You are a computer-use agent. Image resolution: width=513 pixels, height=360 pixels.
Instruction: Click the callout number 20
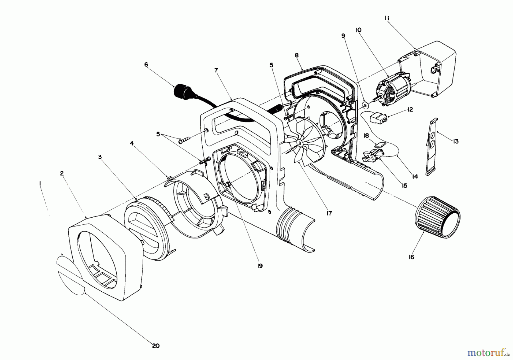(156, 346)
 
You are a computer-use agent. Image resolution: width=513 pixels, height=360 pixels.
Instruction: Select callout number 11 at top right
(387, 18)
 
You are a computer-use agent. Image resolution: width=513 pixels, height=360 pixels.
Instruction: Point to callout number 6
(146, 65)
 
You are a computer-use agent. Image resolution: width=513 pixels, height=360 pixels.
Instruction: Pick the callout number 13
(456, 141)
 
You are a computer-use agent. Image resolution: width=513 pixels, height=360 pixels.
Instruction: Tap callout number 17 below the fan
(329, 213)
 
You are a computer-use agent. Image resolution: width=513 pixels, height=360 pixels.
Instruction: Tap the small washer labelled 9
(365, 106)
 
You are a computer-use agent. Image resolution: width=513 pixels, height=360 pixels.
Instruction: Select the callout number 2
(62, 173)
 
